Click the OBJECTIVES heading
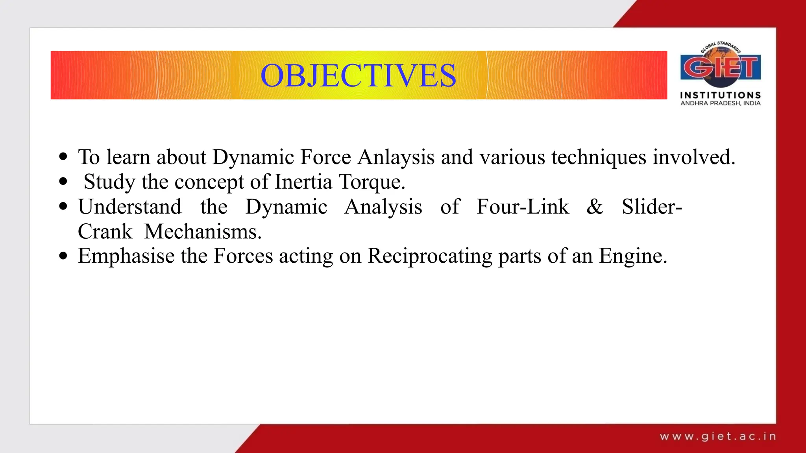pos(358,75)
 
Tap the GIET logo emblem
pos(720,66)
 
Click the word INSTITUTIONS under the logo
pos(720,95)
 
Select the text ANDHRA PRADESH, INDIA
pos(720,103)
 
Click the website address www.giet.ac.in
pos(718,436)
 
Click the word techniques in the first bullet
pos(599,157)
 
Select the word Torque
pos(372,182)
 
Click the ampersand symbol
pos(595,207)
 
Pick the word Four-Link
pos(523,207)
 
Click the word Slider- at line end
pos(652,207)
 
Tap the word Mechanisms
pos(203,232)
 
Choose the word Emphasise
pos(126,256)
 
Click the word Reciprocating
pos(429,256)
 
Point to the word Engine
pos(632,256)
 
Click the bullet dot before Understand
pos(63,207)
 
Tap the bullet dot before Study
pos(63,182)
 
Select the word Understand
pos(130,207)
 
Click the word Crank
pos(105,232)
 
